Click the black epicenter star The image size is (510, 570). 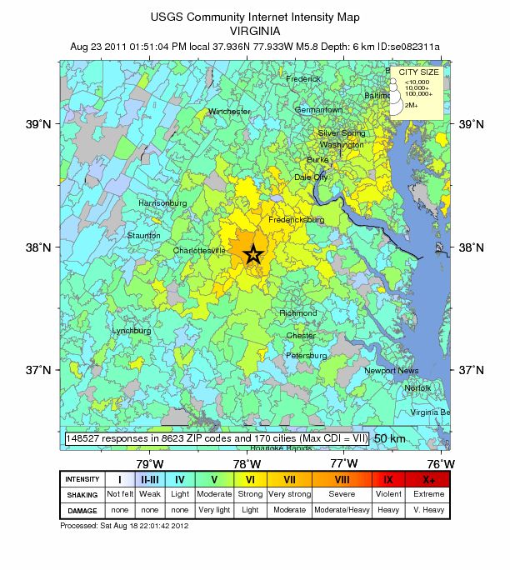click(x=255, y=255)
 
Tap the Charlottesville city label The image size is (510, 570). click(x=199, y=250)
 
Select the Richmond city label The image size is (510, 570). click(x=298, y=313)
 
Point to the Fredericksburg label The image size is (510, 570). click(x=296, y=220)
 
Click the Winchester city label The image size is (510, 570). click(x=229, y=112)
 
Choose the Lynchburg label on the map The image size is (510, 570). click(x=132, y=331)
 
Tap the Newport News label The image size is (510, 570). click(x=391, y=370)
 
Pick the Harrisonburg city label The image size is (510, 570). click(x=162, y=203)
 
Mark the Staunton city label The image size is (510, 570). click(x=144, y=236)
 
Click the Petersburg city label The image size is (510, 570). click(x=306, y=356)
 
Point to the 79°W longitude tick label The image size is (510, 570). click(x=149, y=463)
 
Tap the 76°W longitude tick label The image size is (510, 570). click(x=441, y=463)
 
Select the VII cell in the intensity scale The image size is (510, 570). click(x=289, y=479)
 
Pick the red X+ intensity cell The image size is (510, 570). click(x=428, y=479)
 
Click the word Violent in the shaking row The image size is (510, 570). click(x=388, y=494)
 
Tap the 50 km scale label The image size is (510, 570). click(x=390, y=438)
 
